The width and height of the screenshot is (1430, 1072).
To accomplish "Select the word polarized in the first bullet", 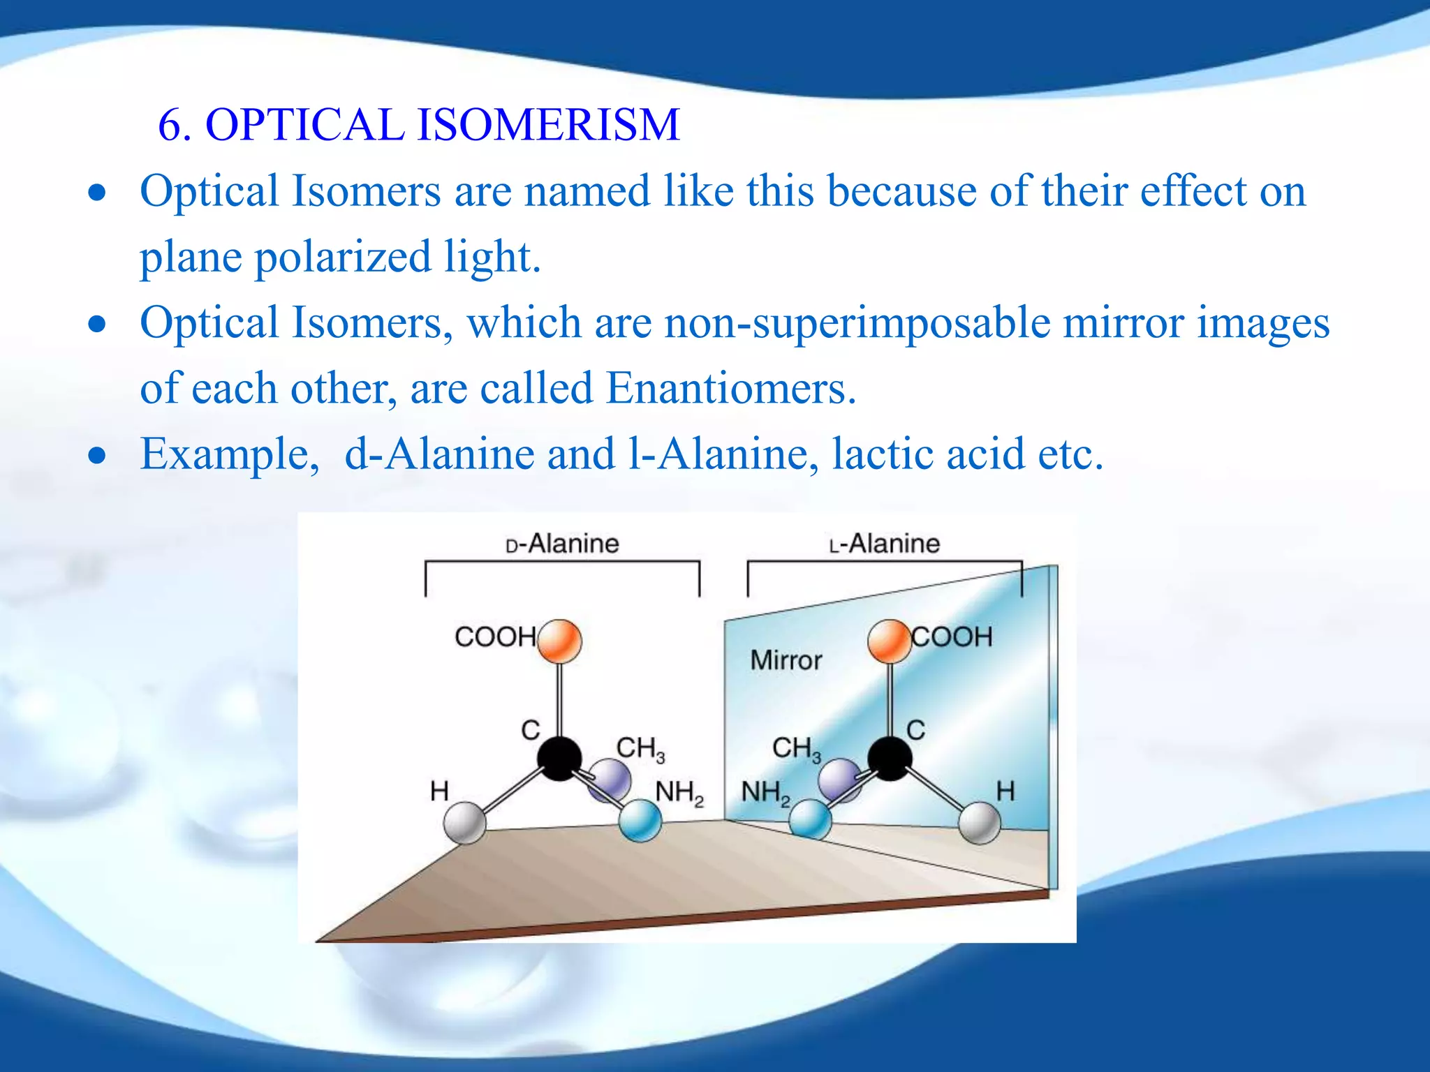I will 342,257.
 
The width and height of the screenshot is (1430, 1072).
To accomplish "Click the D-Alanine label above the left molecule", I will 562,544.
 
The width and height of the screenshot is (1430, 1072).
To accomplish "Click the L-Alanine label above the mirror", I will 885,544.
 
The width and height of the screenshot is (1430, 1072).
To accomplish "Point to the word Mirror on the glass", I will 786,660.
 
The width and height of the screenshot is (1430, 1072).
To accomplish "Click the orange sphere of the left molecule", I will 559,641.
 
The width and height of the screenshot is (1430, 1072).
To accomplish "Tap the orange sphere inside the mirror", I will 889,641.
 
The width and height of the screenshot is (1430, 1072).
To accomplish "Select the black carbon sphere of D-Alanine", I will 559,758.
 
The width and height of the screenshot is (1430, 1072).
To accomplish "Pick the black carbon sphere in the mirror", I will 890,758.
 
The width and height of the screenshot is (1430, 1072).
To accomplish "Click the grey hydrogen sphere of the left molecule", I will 465,822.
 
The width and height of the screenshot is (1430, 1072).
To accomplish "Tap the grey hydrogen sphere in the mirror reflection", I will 980,823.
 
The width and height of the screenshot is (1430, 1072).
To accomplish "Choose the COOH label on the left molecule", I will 495,636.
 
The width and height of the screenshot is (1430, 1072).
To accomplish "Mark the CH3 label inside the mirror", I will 796,749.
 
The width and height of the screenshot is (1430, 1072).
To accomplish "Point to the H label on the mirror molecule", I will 1005,791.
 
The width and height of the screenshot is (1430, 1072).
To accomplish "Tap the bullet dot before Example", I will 98,456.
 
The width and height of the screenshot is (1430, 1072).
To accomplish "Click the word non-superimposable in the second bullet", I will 857,323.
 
